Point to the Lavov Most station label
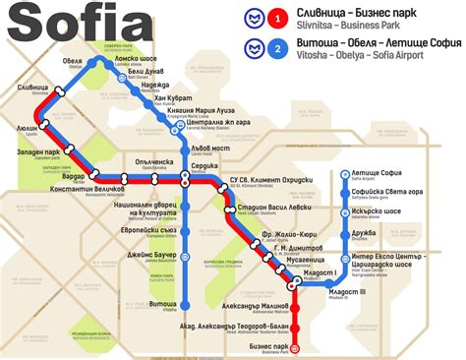point(208,148)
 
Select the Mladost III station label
point(346,291)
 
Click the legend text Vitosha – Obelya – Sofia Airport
point(375,57)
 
